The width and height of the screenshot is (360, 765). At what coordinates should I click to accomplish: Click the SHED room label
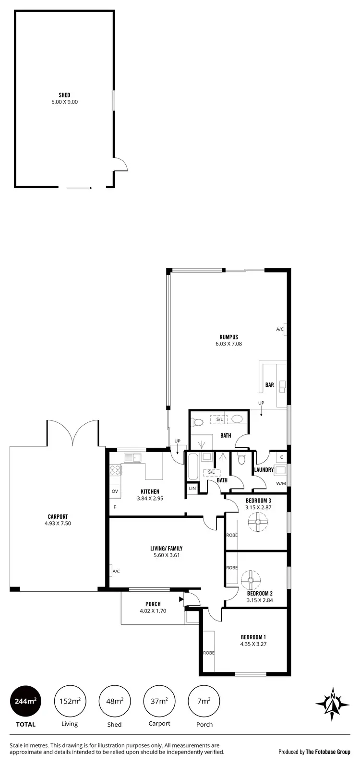coord(64,95)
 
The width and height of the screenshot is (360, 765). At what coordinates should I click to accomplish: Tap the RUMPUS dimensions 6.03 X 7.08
coord(228,344)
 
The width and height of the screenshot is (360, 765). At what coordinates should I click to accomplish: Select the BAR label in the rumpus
coord(269,385)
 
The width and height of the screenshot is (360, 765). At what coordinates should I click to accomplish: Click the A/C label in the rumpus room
coord(279,329)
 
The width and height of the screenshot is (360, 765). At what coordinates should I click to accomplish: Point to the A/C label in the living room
coord(116,571)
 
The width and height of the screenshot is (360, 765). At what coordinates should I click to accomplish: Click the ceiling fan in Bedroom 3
coord(258,522)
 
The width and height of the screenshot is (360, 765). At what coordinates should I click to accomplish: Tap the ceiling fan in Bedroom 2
coord(250,580)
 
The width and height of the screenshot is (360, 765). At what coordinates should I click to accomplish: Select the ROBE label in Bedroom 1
coord(208,653)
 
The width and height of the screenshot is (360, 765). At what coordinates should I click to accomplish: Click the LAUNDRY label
coord(264,470)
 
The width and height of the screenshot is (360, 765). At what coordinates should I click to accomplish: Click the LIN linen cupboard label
coord(192,488)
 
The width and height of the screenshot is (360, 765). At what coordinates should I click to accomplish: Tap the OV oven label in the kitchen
coord(115,491)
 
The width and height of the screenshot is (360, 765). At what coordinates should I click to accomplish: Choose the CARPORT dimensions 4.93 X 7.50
coord(58,524)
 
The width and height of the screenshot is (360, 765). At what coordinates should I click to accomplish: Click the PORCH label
coord(153,604)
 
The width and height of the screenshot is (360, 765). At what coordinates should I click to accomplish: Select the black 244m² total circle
coord(25,701)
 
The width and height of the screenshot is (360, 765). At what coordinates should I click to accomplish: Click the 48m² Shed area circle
coord(114,701)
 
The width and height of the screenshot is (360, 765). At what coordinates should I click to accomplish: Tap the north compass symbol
coord(332,704)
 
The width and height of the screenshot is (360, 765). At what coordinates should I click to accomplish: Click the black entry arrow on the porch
coord(181,599)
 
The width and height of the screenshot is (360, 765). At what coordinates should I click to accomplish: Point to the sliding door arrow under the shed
coord(79,188)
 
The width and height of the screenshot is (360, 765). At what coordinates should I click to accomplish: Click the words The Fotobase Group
coord(328,752)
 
